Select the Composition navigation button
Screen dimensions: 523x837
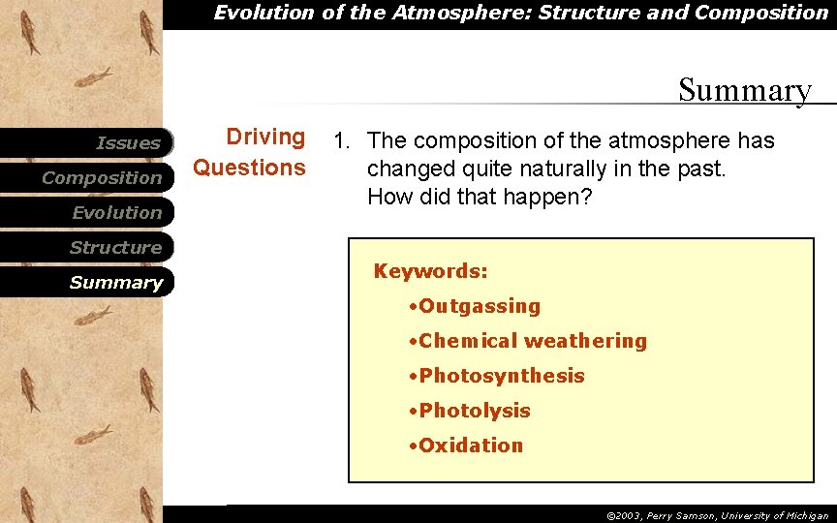102,178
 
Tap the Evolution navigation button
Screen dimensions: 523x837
116,213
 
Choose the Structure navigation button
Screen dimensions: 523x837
115,248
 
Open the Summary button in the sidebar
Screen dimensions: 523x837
115,283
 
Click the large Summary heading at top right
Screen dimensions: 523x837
744,90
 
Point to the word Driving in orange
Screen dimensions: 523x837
264,138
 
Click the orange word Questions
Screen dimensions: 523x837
249,169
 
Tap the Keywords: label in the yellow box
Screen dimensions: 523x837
430,271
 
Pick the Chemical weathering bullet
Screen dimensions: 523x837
527,341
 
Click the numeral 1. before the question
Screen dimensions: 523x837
341,141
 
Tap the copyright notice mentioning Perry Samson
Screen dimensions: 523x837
717,516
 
